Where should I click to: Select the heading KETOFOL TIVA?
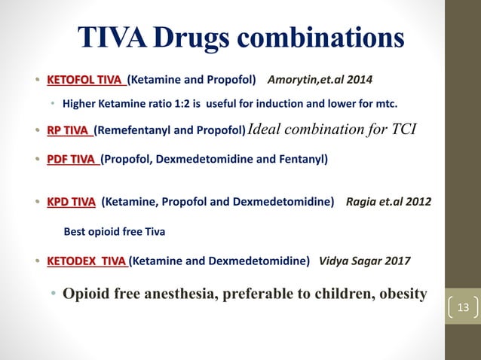87,79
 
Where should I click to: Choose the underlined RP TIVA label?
70,130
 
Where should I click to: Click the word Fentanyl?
299,159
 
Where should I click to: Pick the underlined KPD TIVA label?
71,201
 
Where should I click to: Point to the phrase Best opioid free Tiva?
113,231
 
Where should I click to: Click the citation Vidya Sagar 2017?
365,261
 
